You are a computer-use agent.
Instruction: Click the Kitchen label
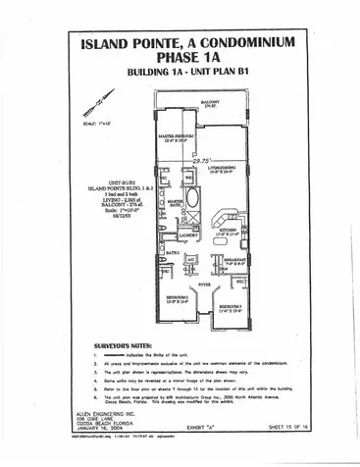click(x=227, y=233)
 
